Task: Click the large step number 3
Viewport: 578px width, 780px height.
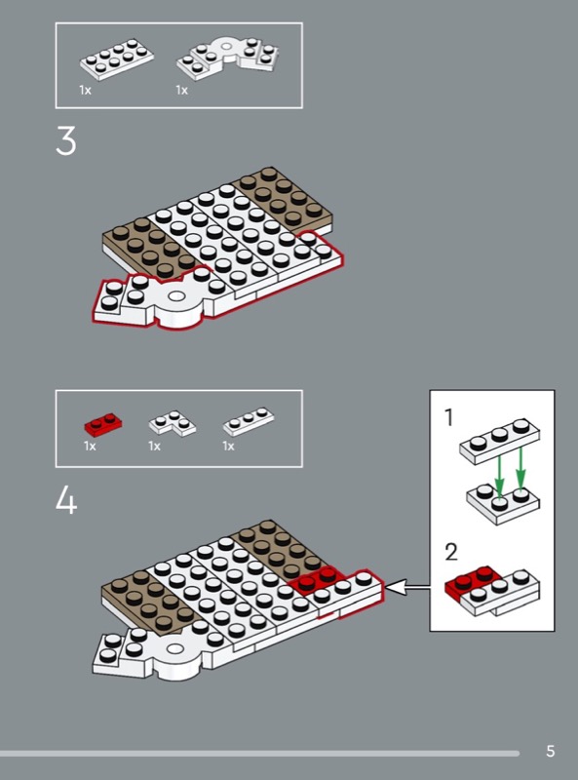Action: [66, 140]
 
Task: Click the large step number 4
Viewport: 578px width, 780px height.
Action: [66, 499]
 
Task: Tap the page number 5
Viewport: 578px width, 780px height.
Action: [550, 751]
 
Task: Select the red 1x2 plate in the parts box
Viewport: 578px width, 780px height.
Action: [103, 424]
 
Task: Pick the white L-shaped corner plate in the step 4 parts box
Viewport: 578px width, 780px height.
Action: [173, 423]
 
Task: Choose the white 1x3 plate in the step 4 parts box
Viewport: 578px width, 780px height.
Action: [249, 421]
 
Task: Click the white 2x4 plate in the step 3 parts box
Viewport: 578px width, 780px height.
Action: [116, 59]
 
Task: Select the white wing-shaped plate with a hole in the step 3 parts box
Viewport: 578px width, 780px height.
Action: [227, 58]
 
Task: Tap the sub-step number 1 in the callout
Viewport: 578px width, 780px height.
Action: [448, 418]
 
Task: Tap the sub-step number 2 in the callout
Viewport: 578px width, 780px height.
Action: [450, 552]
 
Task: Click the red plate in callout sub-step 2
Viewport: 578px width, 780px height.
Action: [470, 582]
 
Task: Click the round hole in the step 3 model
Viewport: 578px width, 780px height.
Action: [176, 297]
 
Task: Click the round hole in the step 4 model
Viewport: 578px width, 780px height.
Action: [174, 649]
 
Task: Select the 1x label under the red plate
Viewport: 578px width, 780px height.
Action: [90, 446]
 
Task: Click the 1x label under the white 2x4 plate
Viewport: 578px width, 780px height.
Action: [85, 90]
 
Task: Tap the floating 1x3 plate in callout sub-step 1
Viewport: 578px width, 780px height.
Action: [499, 442]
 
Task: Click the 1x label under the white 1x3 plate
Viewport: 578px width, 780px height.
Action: [228, 446]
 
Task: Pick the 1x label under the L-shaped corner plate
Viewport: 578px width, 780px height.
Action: [154, 446]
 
